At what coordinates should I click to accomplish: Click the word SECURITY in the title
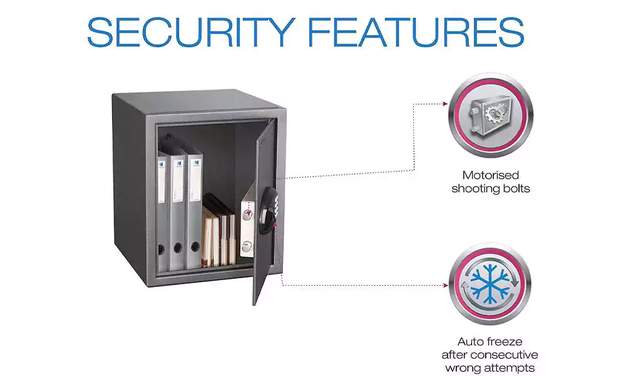coord(191,33)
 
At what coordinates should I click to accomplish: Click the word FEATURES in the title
coord(416,33)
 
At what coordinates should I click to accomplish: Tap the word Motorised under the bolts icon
coord(491,175)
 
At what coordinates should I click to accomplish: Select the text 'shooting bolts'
coord(491,189)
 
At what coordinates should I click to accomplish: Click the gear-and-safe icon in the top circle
coord(490,115)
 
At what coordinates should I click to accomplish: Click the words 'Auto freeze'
coord(490,342)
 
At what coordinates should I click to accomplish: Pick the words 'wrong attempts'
coord(490,368)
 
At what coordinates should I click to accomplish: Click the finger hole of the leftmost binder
coord(162,249)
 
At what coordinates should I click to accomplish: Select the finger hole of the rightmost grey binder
coord(195,246)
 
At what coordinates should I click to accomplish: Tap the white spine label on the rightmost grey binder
coord(195,179)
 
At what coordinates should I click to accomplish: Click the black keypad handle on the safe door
coord(267,211)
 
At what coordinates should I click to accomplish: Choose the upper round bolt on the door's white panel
coord(247,215)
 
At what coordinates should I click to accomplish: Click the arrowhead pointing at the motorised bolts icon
coord(445,104)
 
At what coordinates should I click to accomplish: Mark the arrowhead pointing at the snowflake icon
coord(445,285)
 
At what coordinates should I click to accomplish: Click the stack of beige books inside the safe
coord(218,231)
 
